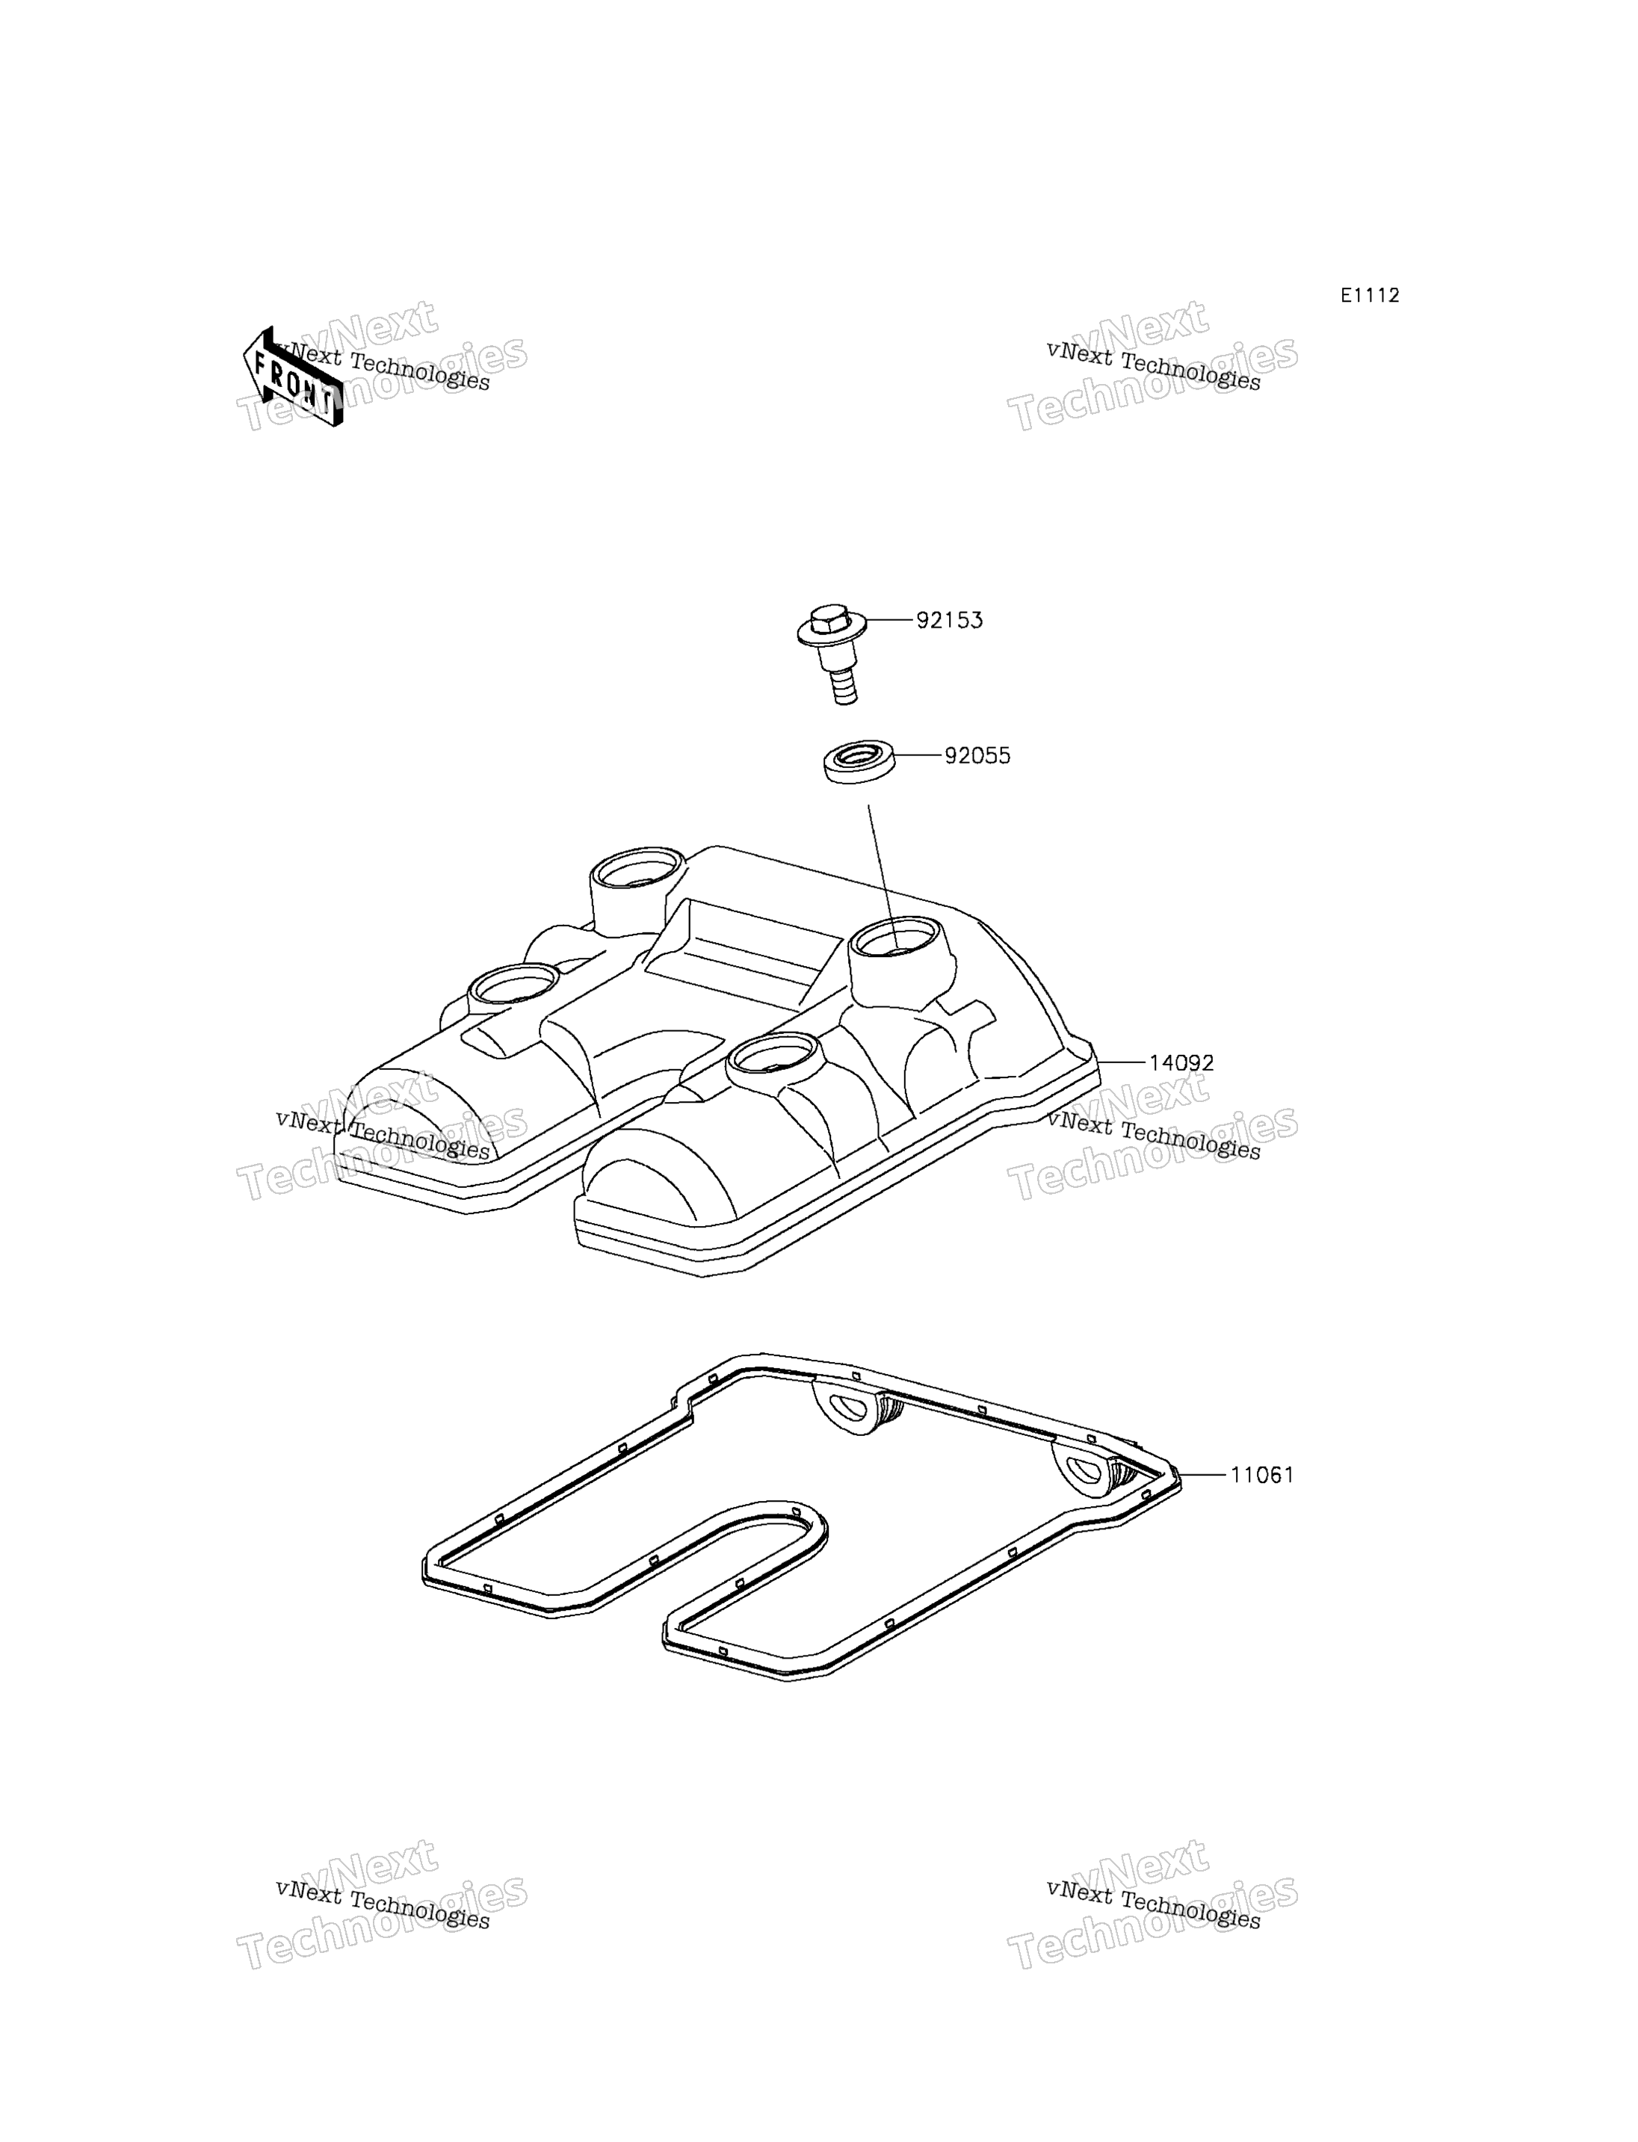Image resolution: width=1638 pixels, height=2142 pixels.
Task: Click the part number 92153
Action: (x=949, y=620)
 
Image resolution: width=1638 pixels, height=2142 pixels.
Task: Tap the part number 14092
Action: (x=1181, y=1062)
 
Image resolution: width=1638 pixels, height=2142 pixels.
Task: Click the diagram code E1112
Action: (x=1370, y=295)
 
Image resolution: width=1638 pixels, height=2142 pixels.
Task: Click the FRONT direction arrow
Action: (x=292, y=377)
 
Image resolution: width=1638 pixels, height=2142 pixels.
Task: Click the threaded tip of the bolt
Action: (x=844, y=691)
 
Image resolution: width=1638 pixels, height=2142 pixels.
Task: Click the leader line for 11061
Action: (x=1202, y=1475)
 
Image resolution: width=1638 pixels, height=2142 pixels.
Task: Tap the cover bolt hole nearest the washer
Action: (x=895, y=940)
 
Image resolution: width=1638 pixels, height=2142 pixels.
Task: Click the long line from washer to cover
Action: (x=882, y=875)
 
